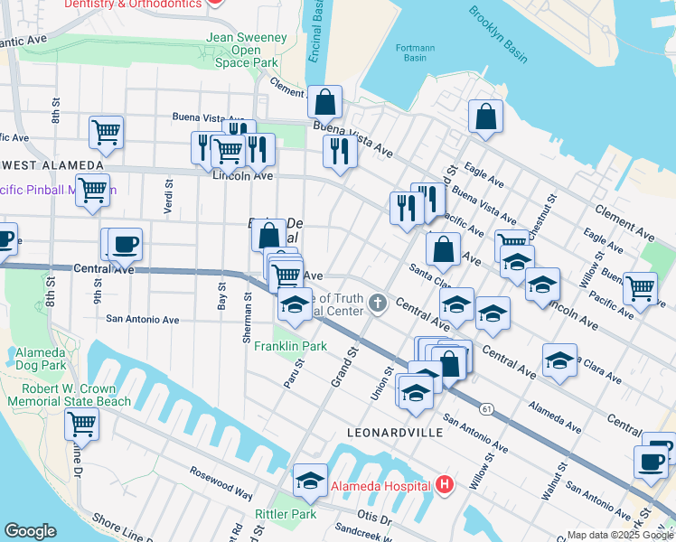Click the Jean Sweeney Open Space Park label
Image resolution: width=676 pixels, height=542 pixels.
coord(247,51)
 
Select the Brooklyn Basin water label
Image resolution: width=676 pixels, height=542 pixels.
coord(498,34)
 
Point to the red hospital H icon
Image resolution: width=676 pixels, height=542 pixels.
coord(444,485)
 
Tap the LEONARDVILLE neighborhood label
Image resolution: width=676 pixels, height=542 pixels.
coord(395,433)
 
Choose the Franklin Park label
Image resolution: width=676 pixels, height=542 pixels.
coord(289,346)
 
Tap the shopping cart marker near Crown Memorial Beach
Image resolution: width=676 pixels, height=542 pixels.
coord(81,422)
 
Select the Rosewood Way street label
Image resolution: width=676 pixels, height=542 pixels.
coord(221,483)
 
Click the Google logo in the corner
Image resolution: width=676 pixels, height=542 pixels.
coord(30,531)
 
